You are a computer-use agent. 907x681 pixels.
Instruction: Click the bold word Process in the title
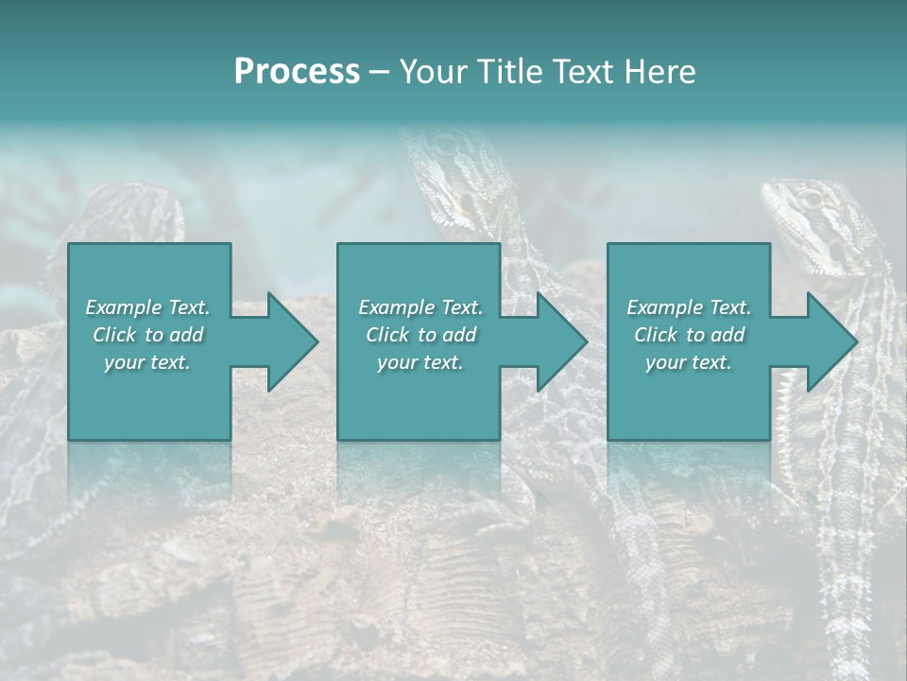tap(297, 72)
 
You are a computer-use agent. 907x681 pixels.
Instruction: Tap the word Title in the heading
tap(506, 72)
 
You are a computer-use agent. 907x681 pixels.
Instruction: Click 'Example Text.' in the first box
tap(147, 307)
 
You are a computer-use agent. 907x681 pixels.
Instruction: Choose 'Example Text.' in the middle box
tap(420, 307)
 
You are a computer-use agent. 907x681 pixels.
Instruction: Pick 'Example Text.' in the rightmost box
tap(689, 307)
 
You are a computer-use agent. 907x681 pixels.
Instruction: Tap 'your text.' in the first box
tap(147, 362)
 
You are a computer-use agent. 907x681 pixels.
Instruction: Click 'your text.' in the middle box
tap(420, 362)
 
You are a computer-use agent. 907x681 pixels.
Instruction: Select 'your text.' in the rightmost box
tap(689, 362)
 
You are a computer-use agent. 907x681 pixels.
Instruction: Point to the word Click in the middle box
tap(387, 335)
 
